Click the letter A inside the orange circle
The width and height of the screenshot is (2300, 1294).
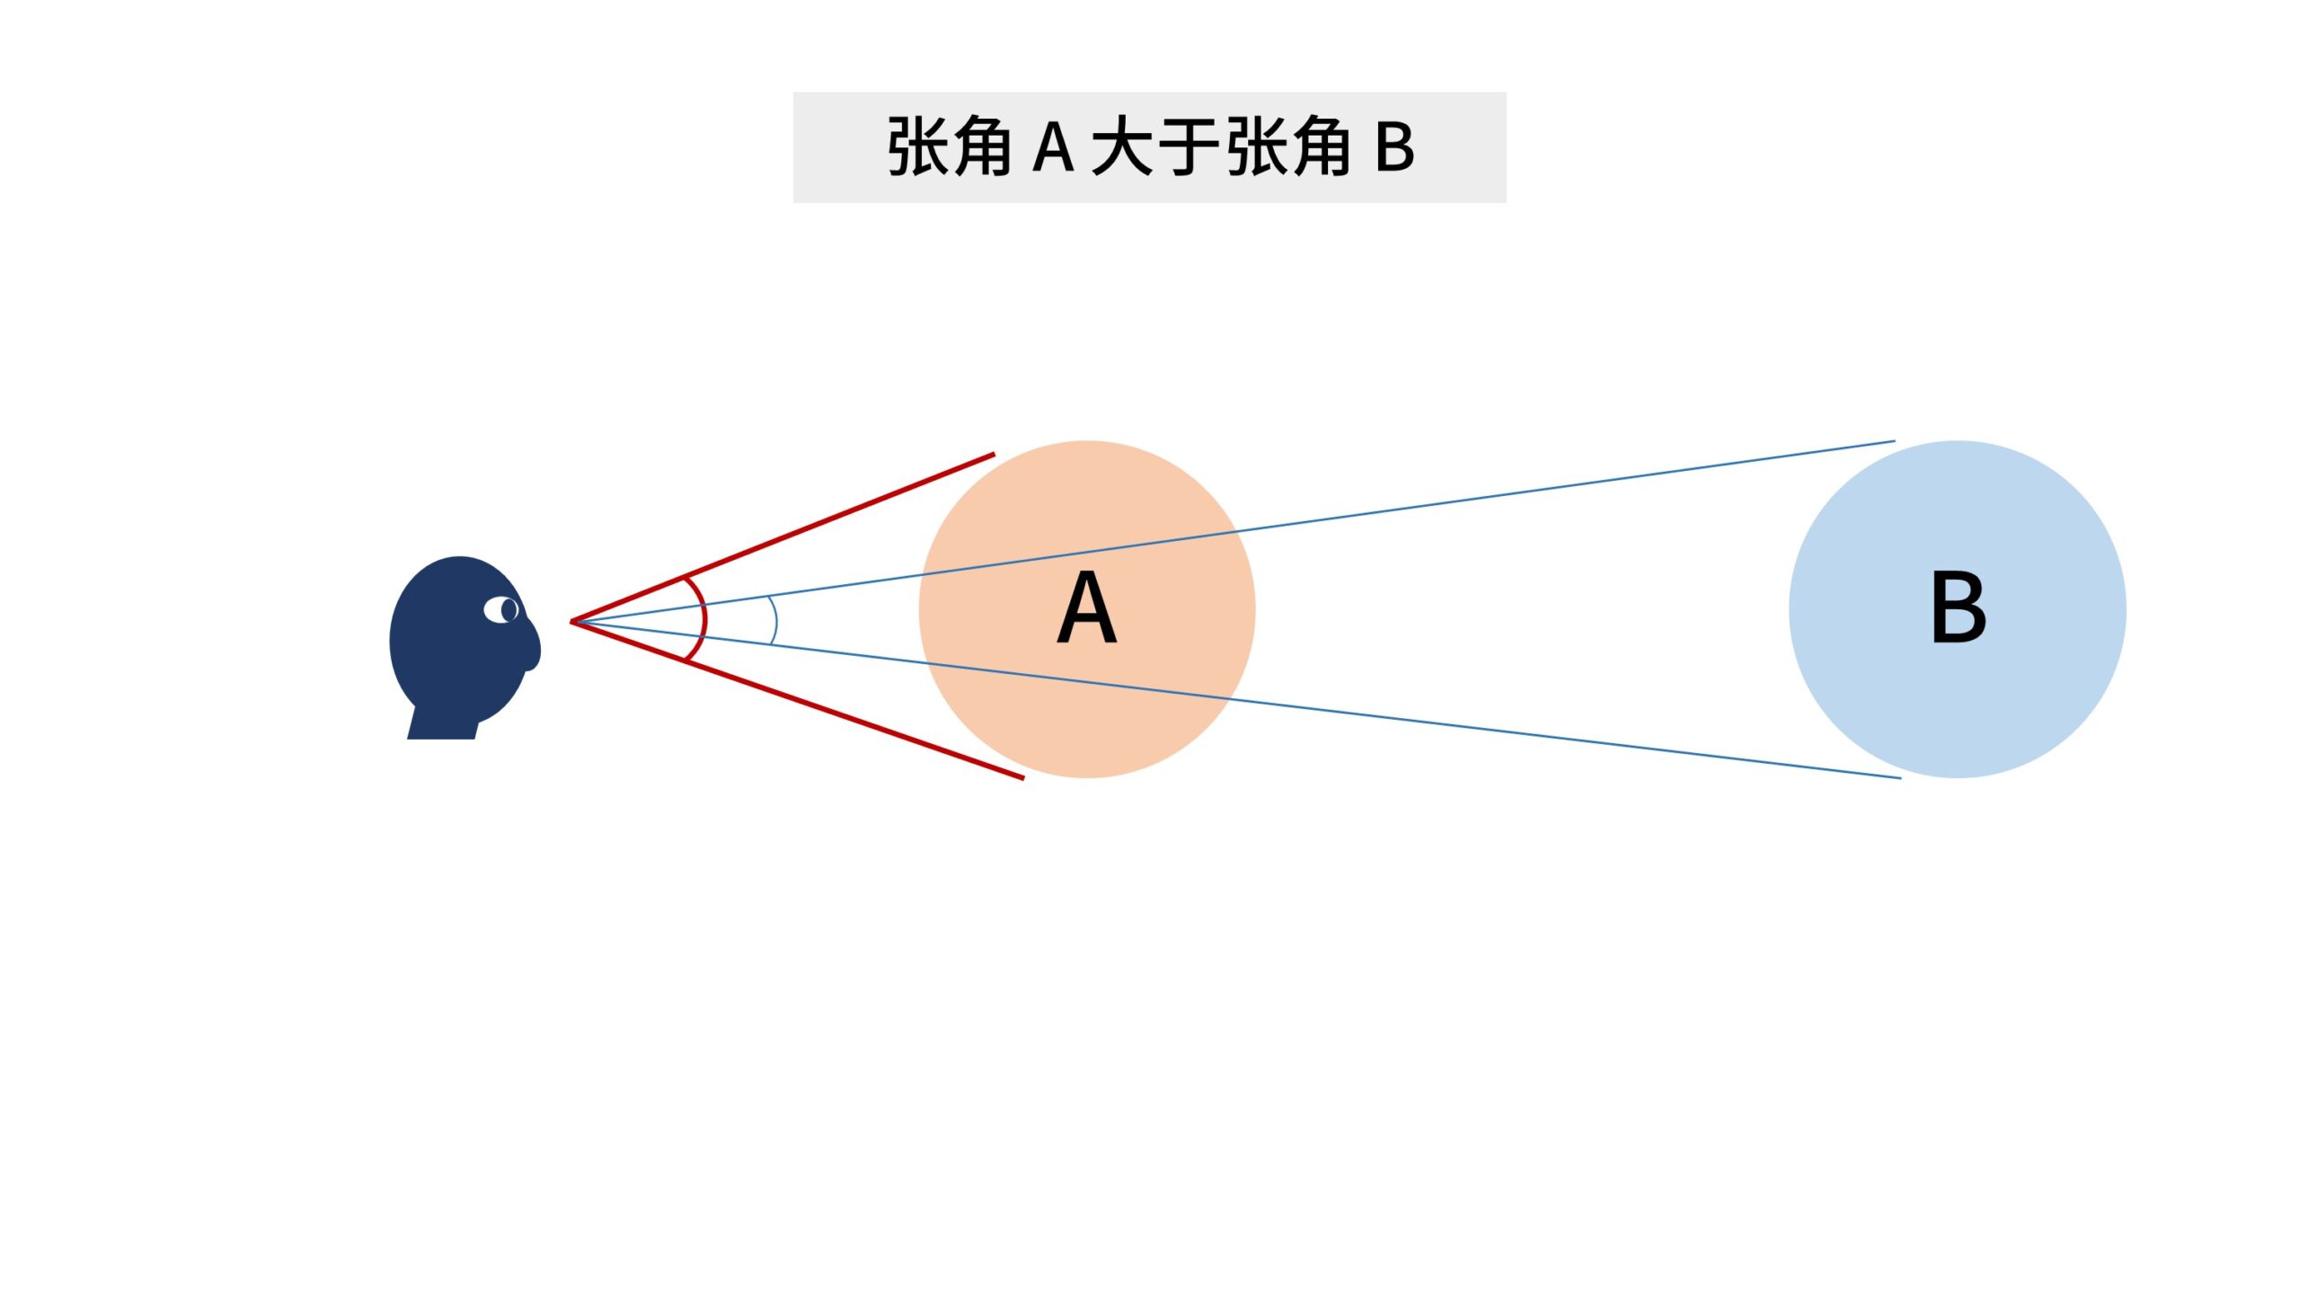(x=1086, y=608)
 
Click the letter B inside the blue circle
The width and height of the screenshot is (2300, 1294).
(x=1958, y=608)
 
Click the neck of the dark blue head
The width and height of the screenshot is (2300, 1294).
(x=442, y=724)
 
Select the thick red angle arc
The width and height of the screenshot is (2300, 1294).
(x=703, y=618)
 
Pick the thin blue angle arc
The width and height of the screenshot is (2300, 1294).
(x=775, y=620)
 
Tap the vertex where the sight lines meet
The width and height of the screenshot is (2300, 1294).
(x=572, y=621)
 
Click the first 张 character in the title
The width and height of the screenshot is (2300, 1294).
(x=916, y=146)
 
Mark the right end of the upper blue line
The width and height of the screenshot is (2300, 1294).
(x=1894, y=441)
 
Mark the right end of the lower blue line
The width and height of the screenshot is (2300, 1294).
(x=1900, y=777)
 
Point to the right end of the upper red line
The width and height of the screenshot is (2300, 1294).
(x=994, y=455)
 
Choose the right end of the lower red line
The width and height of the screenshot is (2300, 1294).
(x=1022, y=777)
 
